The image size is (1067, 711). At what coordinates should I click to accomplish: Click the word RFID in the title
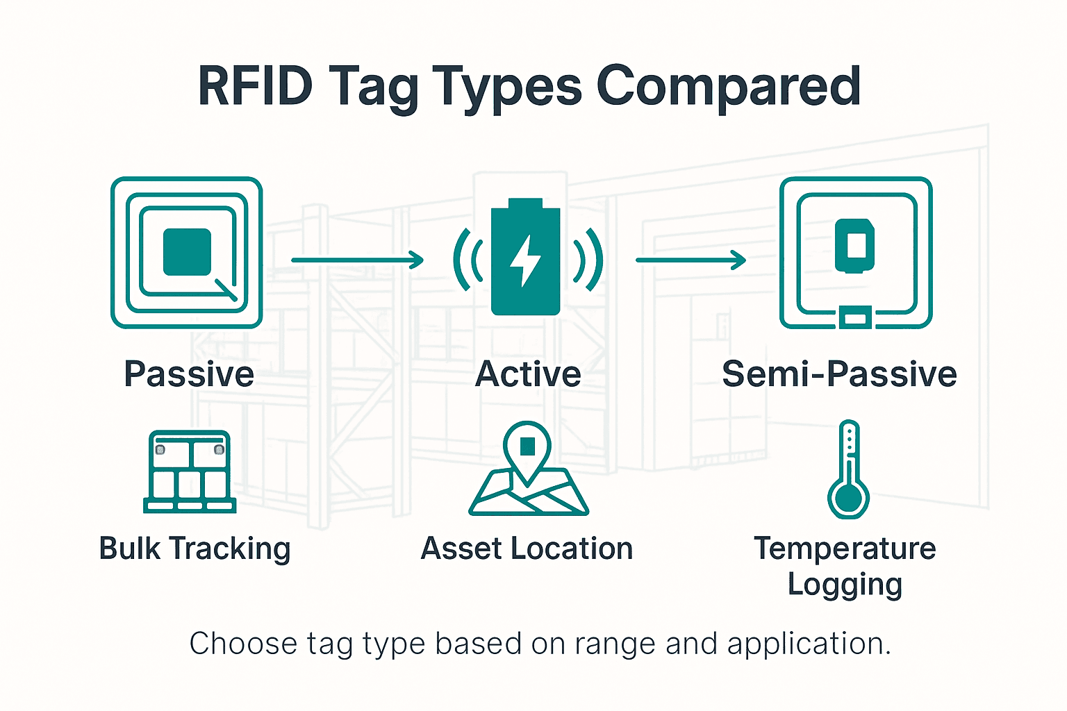point(255,86)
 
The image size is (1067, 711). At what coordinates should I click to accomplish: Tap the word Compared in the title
point(729,86)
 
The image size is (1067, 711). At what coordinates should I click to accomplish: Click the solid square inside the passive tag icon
point(187,252)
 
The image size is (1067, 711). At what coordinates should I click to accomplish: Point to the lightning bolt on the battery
point(525,260)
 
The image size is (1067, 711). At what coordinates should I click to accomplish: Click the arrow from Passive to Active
point(357,260)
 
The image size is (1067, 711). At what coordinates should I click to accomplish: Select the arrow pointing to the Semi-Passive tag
point(690,260)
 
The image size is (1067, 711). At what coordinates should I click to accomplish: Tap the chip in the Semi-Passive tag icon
point(854,246)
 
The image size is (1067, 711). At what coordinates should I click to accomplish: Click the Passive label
point(189,374)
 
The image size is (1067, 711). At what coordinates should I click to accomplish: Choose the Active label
point(528,374)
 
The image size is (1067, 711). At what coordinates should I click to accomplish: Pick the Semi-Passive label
point(839,374)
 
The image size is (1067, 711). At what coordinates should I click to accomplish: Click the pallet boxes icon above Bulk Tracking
point(190,471)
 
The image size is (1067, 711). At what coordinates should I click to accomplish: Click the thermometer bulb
point(848,498)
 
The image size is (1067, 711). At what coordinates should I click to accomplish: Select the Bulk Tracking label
point(195,549)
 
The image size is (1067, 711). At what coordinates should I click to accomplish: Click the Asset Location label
point(527,549)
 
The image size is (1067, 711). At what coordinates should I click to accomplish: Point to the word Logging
point(845,585)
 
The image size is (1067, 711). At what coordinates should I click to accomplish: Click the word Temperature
point(845,549)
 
